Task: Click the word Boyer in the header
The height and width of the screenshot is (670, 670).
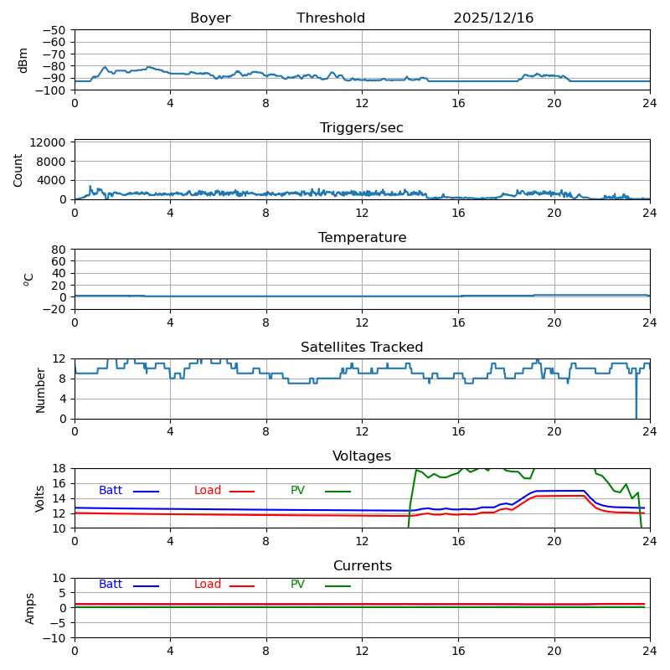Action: click(x=210, y=18)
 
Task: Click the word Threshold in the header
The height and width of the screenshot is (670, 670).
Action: click(x=331, y=18)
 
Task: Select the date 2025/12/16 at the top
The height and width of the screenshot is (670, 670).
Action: click(x=493, y=18)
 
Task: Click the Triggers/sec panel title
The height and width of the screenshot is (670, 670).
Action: click(x=362, y=128)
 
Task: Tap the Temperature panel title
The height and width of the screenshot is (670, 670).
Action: click(x=362, y=238)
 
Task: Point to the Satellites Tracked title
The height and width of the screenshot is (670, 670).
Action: click(x=362, y=348)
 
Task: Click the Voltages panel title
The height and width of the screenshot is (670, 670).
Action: click(x=362, y=456)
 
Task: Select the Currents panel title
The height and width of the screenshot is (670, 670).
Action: click(x=362, y=566)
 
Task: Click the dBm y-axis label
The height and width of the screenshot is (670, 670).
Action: click(x=23, y=59)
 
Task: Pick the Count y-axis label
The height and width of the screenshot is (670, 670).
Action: click(x=18, y=169)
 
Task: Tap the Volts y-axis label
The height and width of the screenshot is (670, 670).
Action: click(x=40, y=498)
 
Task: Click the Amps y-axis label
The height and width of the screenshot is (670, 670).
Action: click(x=30, y=608)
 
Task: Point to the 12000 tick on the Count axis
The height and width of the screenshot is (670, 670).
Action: click(x=50, y=143)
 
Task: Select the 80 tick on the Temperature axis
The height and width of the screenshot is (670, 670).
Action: click(x=59, y=250)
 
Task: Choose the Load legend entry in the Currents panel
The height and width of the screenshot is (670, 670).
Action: click(x=208, y=585)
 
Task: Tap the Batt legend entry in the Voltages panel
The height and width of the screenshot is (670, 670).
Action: click(x=111, y=491)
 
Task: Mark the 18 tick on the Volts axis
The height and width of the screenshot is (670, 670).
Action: click(x=59, y=469)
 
